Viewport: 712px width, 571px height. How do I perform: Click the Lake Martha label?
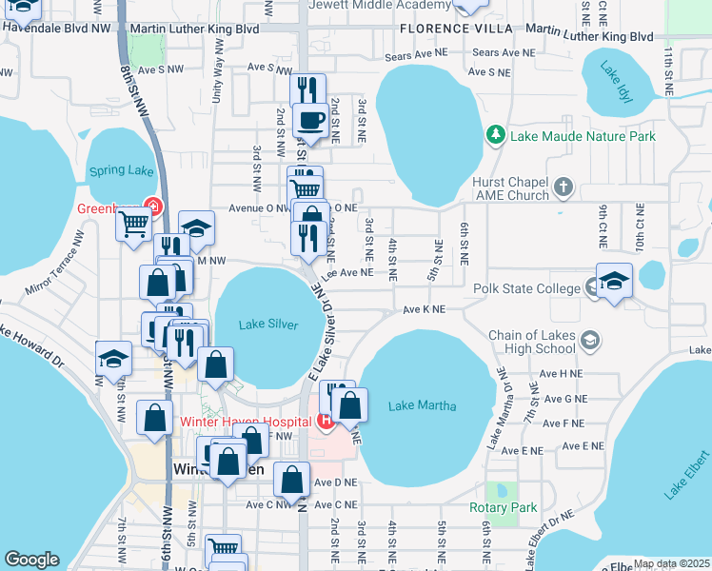click(x=423, y=406)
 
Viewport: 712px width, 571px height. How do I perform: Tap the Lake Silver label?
click(x=268, y=325)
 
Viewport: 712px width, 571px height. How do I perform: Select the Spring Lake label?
click(x=121, y=171)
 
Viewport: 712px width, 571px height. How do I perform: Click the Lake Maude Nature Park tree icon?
click(x=495, y=136)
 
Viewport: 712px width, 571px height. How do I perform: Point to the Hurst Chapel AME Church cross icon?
click(x=564, y=187)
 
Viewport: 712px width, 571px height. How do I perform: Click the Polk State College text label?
click(x=526, y=288)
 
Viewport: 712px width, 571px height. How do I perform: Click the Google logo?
click(x=31, y=560)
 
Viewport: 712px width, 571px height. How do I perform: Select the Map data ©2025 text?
click(x=670, y=563)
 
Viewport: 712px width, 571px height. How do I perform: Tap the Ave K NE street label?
click(x=424, y=309)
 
